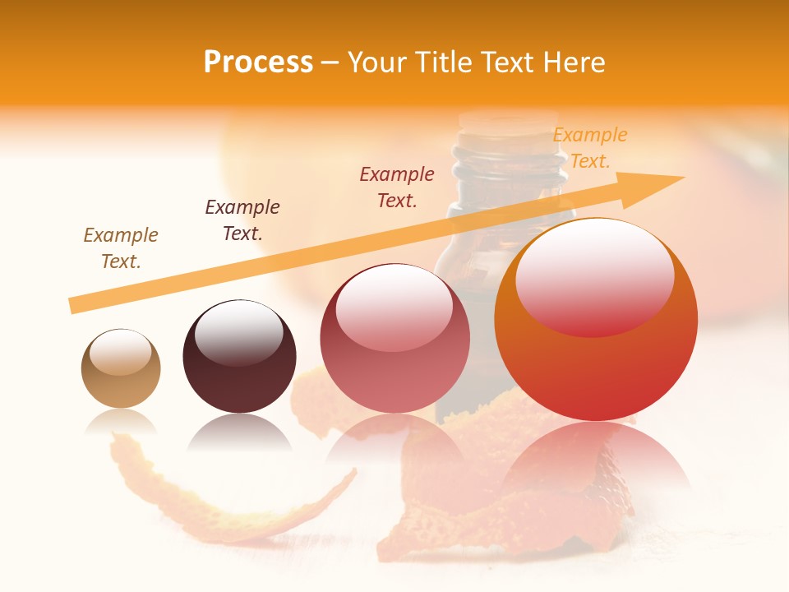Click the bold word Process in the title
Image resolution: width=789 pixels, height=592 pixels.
point(258,62)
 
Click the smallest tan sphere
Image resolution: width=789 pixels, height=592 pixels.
point(121,369)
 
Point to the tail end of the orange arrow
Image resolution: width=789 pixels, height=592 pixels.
point(72,306)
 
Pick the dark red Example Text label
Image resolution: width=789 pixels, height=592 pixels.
point(397,187)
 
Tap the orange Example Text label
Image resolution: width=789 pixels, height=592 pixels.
point(590,148)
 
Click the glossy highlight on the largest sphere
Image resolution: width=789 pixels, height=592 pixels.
point(594,275)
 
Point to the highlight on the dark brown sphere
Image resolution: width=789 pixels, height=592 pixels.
point(239,331)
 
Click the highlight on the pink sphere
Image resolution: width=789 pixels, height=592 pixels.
point(394,305)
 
